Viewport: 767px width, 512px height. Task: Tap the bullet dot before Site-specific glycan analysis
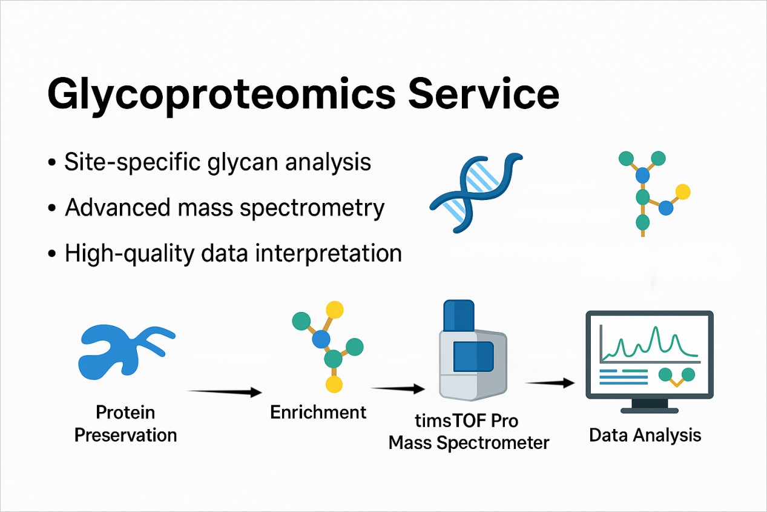point(52,162)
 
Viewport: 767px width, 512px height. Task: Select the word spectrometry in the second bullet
point(312,208)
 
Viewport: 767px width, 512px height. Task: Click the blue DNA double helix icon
point(476,193)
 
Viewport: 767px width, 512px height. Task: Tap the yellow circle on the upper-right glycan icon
point(683,192)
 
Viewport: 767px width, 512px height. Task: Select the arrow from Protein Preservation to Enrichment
point(225,391)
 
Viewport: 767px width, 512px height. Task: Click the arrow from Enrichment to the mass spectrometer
point(398,388)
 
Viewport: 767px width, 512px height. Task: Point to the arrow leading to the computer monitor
point(550,383)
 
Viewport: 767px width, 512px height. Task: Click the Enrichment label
point(318,412)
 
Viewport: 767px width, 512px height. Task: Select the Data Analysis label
point(645,436)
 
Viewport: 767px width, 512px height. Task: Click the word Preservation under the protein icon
point(126,435)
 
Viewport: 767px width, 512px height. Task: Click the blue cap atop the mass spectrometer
point(459,316)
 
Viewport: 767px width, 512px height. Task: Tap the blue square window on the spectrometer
point(473,356)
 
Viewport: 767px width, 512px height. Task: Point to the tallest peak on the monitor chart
point(656,328)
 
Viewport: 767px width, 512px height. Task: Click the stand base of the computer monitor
point(650,410)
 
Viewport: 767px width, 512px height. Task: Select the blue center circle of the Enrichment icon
point(321,339)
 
